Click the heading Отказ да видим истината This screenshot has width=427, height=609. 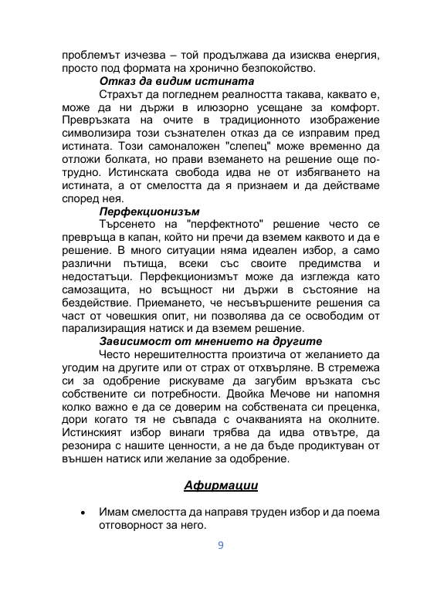(x=178, y=81)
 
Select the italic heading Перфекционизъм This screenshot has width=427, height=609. (x=150, y=209)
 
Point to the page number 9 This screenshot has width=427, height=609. (x=221, y=545)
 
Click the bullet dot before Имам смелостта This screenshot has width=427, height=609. (x=81, y=513)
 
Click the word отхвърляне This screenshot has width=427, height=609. (x=272, y=367)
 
